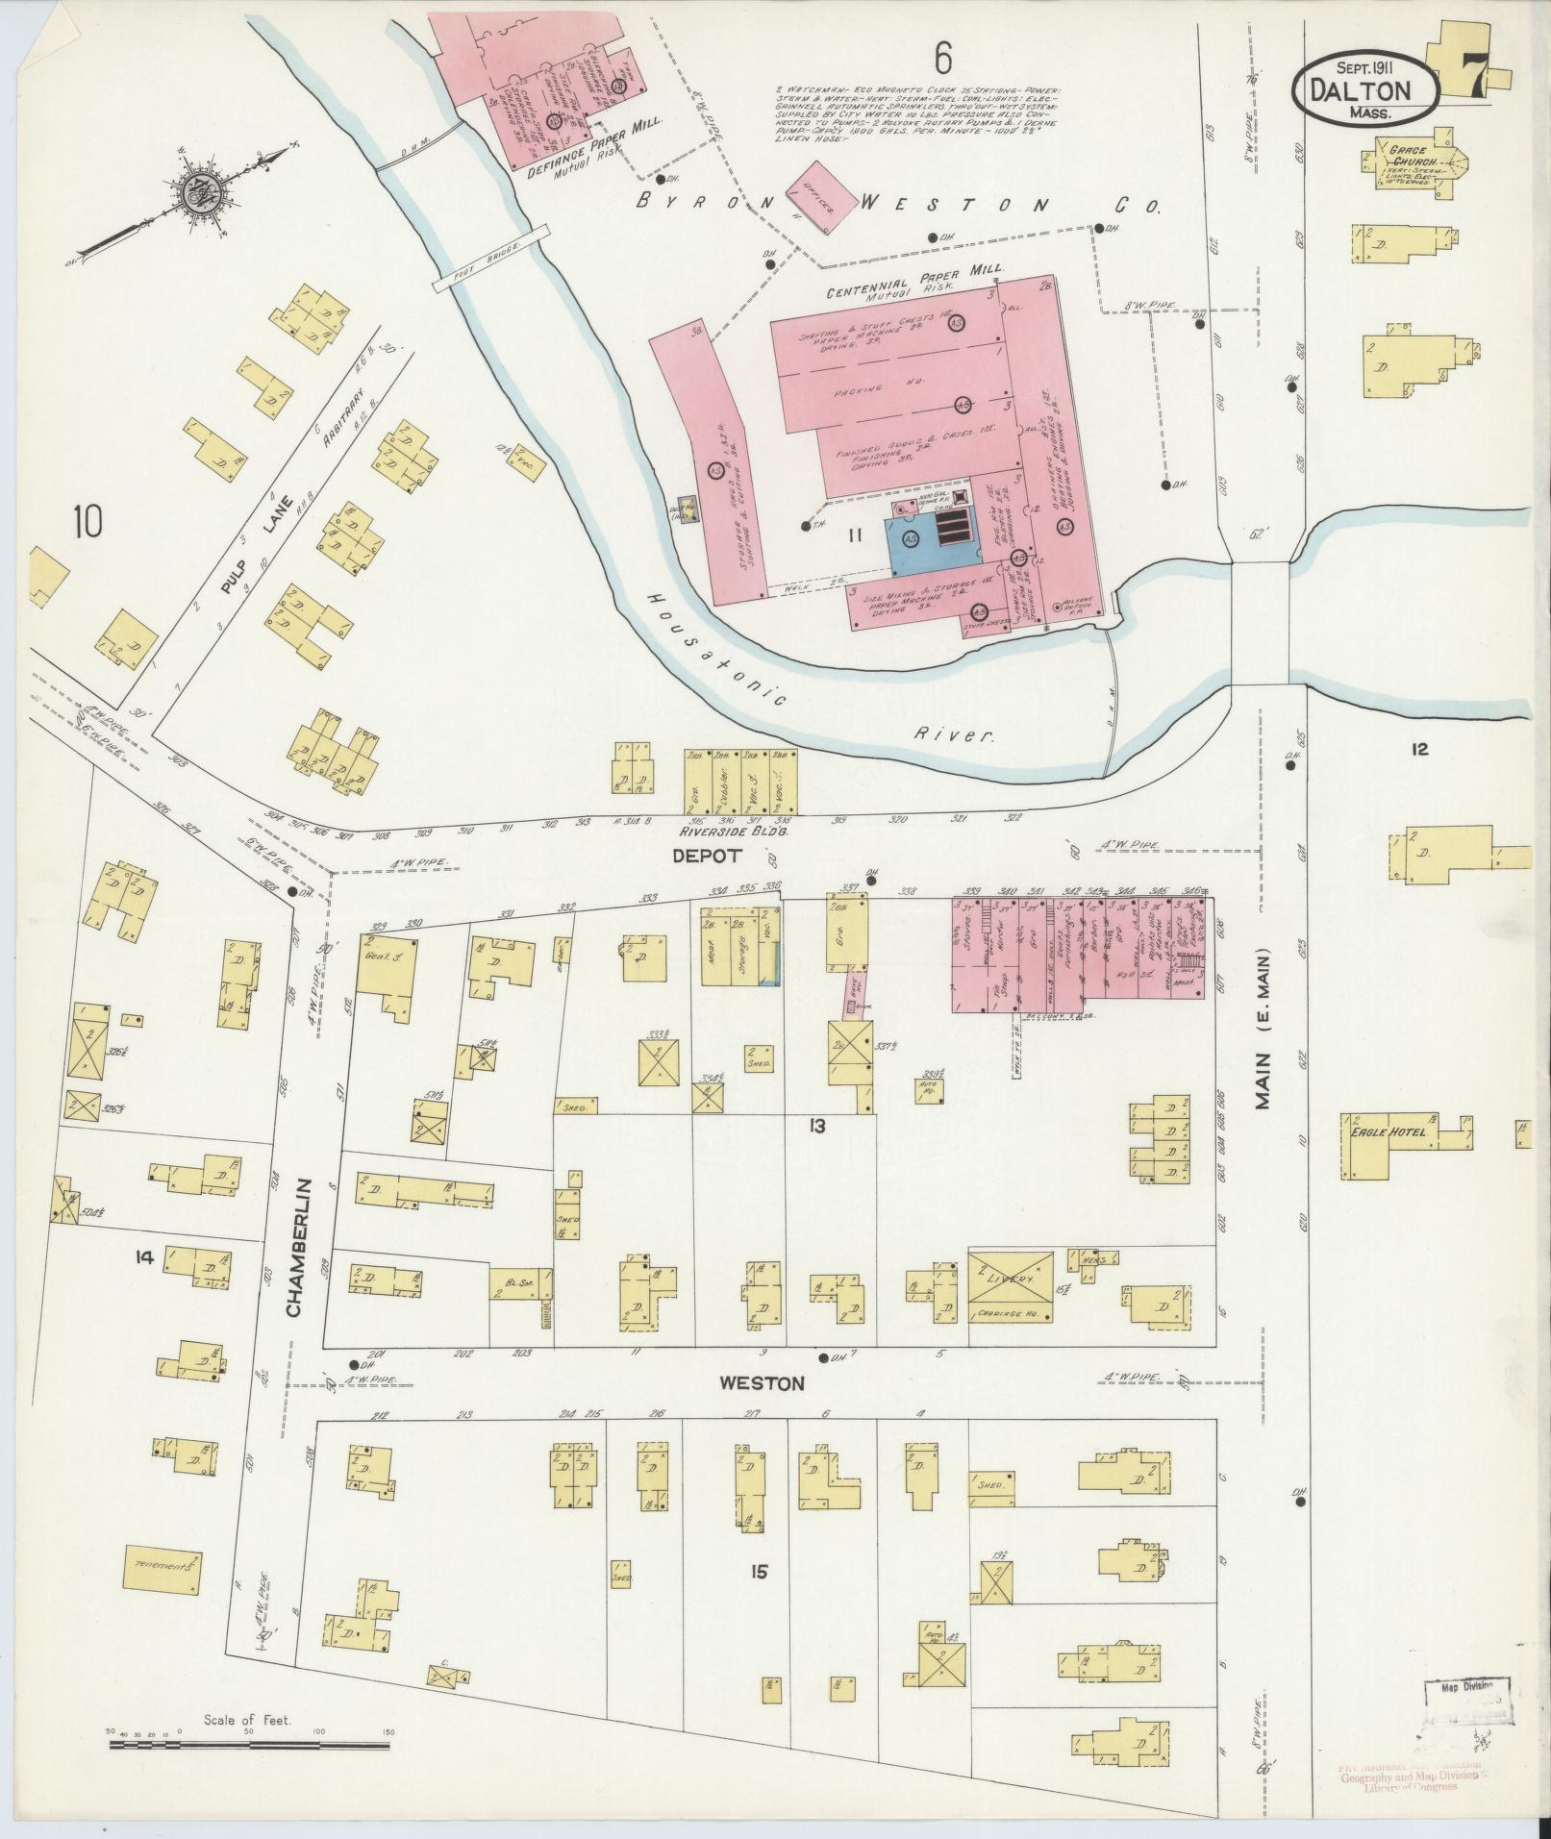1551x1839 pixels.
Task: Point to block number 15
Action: [x=761, y=1572]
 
